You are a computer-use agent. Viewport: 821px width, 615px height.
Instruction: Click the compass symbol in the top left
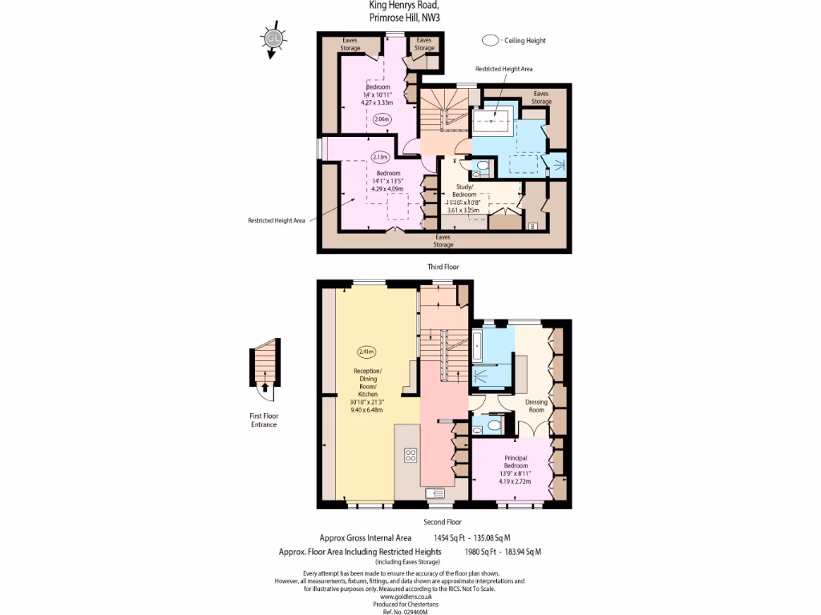tap(273, 38)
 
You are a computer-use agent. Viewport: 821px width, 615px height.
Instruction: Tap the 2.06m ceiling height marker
tap(382, 119)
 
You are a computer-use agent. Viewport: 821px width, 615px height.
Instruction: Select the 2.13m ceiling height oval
tap(379, 157)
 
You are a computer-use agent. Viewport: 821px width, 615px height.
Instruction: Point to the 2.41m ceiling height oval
tap(366, 351)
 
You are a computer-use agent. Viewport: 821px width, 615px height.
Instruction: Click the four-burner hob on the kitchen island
tap(410, 456)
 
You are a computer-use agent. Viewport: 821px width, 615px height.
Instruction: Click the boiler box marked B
tap(532, 227)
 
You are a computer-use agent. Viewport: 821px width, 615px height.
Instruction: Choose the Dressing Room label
tap(536, 406)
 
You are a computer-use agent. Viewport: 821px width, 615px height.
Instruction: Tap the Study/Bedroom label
tap(464, 195)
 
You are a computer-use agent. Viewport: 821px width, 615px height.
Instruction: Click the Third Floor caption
tap(443, 266)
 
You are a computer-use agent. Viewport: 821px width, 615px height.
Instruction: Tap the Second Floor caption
tap(443, 522)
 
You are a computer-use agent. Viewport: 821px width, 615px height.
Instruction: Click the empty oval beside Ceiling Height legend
tap(490, 39)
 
